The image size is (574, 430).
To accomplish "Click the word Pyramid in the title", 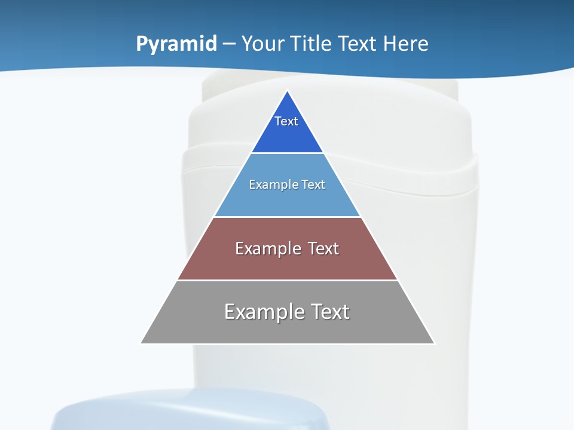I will pos(176,44).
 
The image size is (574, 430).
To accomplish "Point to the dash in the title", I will pos(228,44).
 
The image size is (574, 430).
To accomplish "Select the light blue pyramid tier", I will pos(287,200).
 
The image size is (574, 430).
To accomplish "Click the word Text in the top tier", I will pos(286,121).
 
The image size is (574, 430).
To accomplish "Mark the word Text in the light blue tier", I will pos(313,185).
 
